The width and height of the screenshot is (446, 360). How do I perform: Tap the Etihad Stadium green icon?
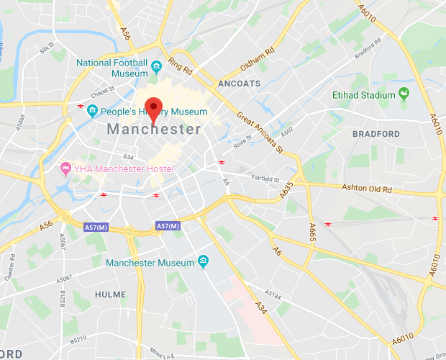[404, 94]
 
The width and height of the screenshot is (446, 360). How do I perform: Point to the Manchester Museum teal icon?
[204, 261]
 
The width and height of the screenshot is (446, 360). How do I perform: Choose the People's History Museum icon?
[92, 112]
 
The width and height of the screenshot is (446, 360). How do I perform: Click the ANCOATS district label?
[238, 84]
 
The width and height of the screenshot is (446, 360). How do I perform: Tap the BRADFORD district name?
[376, 134]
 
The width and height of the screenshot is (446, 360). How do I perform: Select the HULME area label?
[110, 294]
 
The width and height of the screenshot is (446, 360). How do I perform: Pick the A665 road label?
[312, 233]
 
